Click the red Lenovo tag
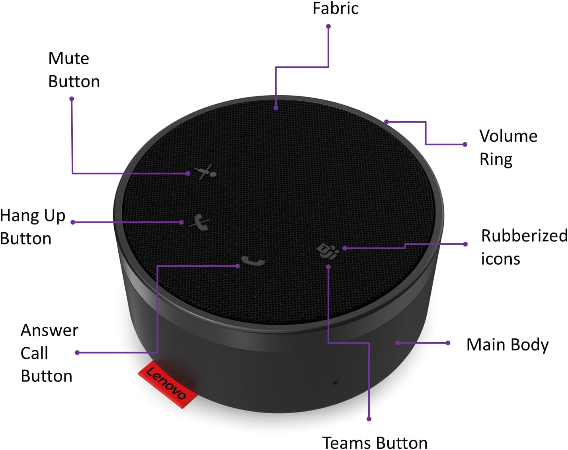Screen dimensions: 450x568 pyautogui.click(x=167, y=384)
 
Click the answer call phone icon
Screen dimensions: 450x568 pyautogui.click(x=253, y=262)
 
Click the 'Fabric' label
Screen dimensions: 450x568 pyautogui.click(x=335, y=9)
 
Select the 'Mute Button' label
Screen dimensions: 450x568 pyautogui.click(x=74, y=70)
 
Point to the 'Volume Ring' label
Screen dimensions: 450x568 pyautogui.click(x=508, y=147)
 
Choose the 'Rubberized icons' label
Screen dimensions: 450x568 pyautogui.click(x=523, y=247)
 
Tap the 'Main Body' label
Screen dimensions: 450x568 pyautogui.click(x=507, y=345)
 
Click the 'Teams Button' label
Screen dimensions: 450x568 pyautogui.click(x=375, y=442)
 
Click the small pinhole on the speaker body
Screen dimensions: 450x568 pyautogui.click(x=336, y=383)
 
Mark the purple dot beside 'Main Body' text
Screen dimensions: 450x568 pyautogui.click(x=448, y=343)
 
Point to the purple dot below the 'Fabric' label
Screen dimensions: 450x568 pyautogui.click(x=328, y=27)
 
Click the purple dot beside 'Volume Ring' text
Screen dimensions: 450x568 pyautogui.click(x=465, y=144)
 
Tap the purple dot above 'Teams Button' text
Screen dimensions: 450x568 pyautogui.click(x=369, y=419)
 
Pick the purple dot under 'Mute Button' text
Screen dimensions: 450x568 pyautogui.click(x=72, y=99)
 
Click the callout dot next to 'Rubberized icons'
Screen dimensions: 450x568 pyautogui.click(x=465, y=244)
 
